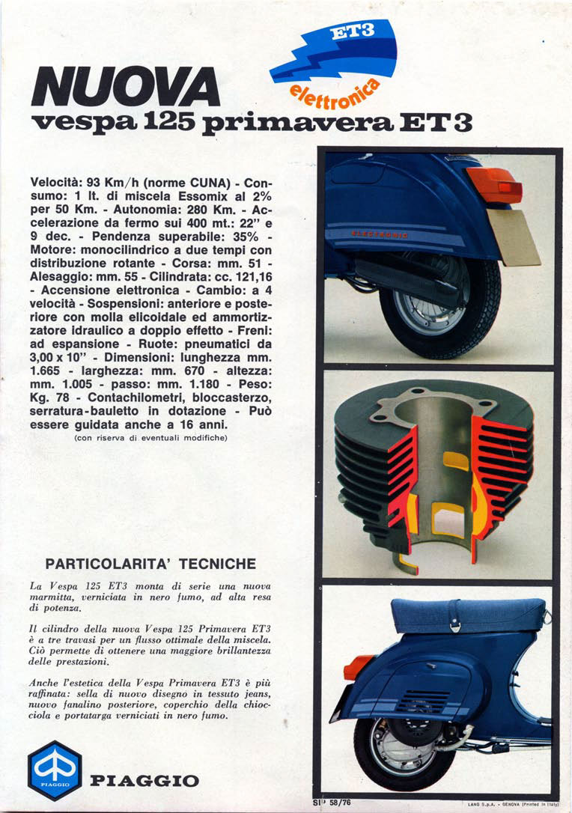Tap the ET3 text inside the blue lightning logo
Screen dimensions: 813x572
point(356,33)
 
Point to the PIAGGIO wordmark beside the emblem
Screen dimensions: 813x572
point(144,782)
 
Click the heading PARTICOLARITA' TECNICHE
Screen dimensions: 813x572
point(150,564)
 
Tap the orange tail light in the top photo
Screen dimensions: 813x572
point(494,183)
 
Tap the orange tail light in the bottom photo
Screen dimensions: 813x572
point(358,666)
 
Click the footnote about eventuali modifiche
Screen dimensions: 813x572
point(150,438)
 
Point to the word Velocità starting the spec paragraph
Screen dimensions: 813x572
point(57,183)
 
